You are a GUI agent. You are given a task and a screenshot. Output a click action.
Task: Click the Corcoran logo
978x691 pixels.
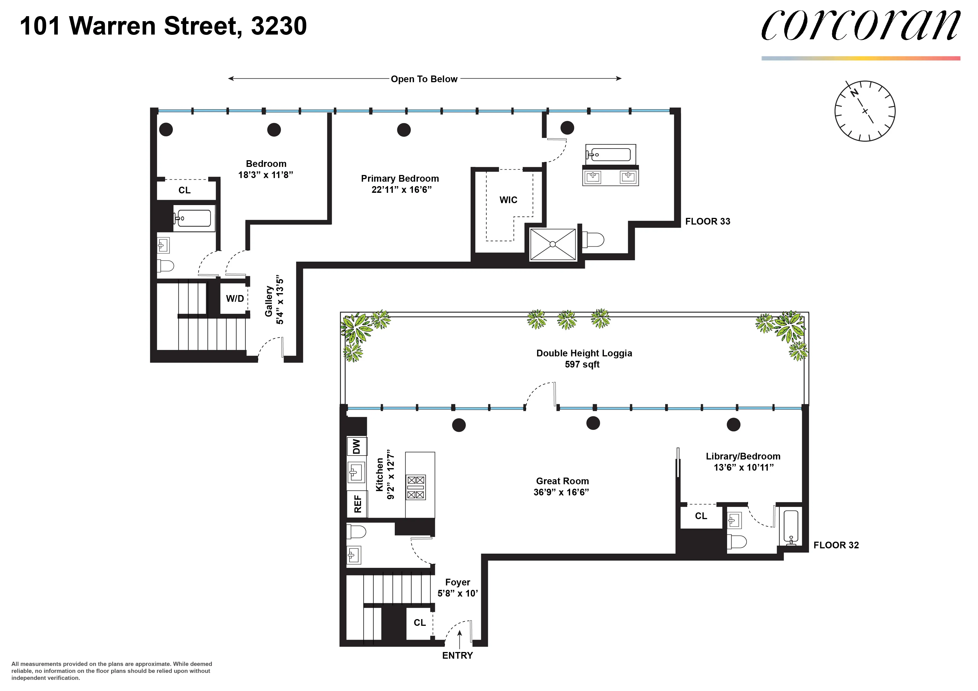click(860, 26)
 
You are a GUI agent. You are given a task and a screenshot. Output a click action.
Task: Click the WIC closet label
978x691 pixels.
click(508, 200)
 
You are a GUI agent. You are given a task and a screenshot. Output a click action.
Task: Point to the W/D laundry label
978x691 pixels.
click(235, 298)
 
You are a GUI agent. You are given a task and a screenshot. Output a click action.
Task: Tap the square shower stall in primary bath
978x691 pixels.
click(553, 244)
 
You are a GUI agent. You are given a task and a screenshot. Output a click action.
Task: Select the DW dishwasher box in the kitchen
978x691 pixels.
click(357, 446)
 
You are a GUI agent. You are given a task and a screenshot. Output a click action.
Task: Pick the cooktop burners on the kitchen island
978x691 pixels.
click(416, 487)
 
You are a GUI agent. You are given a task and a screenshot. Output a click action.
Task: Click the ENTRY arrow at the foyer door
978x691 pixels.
click(459, 639)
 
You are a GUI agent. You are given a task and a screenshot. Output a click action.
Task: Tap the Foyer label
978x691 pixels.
click(457, 582)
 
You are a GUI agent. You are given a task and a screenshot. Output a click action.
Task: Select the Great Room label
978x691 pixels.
click(562, 481)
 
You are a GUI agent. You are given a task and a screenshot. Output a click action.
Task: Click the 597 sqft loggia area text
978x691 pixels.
click(582, 364)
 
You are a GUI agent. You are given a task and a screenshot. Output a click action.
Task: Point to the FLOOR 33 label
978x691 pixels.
click(708, 222)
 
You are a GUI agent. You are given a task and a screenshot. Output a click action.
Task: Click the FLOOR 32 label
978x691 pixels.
click(836, 545)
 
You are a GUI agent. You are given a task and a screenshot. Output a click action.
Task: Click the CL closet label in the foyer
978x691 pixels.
click(420, 622)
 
